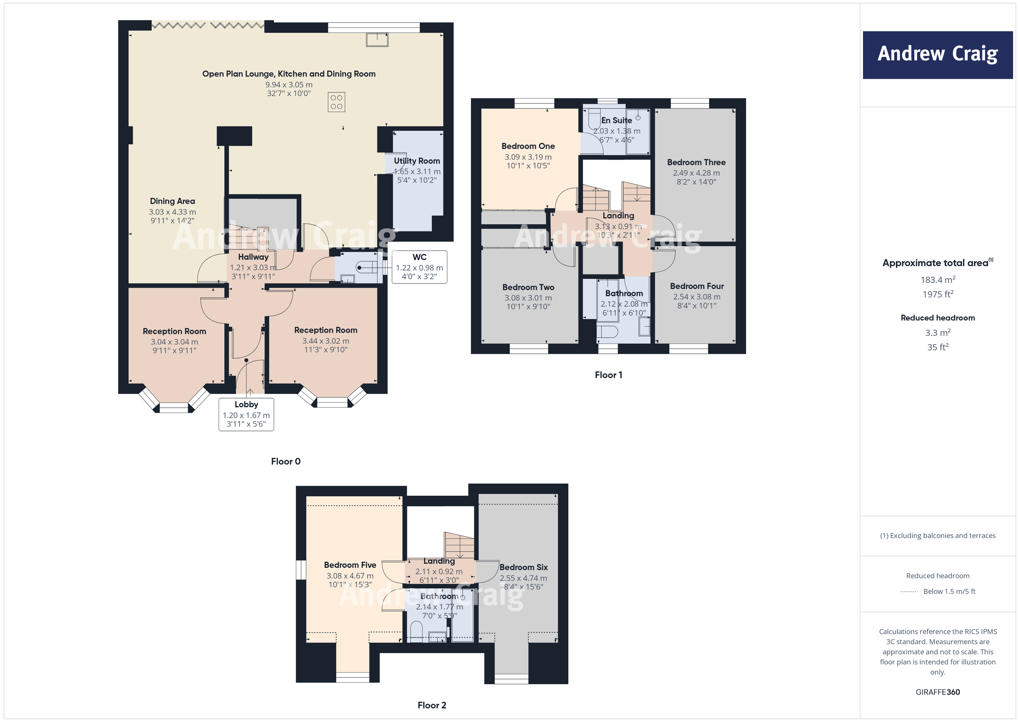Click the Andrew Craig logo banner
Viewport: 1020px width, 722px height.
pos(937,55)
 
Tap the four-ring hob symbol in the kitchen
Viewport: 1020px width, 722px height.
pos(336,102)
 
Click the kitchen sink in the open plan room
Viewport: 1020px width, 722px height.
pos(377,40)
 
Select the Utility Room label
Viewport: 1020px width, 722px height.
pos(417,161)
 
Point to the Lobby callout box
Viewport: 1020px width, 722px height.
pos(246,414)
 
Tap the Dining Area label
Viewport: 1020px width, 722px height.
pos(172,201)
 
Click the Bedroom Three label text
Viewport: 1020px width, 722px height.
pos(696,162)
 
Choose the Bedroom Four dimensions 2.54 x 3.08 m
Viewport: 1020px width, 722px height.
pos(697,297)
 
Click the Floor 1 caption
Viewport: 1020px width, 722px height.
pos(608,375)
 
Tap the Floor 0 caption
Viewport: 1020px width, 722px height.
pos(286,462)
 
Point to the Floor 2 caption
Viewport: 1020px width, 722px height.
pos(431,705)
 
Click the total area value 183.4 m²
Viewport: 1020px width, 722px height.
pos(937,280)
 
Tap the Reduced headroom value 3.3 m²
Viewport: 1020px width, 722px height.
pos(937,333)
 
